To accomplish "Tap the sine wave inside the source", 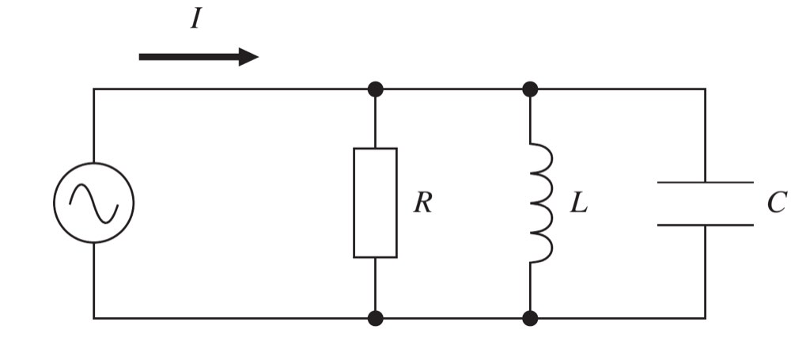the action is tap(94, 203).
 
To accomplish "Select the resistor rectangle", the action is tap(354, 203).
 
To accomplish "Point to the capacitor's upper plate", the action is tap(706, 182).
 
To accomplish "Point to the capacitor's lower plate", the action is tap(706, 225).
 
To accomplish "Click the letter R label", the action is tap(422, 203).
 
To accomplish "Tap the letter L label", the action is tap(579, 203).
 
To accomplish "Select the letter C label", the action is tap(777, 203).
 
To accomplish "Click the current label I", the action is tap(195, 20).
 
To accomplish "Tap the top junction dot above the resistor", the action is tap(375, 89).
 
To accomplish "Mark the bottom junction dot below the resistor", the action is tap(375, 318).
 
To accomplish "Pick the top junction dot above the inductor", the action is tap(530, 89).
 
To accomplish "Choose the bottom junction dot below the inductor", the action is tap(530, 318).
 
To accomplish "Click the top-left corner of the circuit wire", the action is tap(94, 89).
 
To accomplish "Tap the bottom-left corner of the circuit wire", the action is tap(94, 318).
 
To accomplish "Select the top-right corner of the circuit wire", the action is tap(706, 89).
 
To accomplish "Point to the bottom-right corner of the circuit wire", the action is tap(706, 318).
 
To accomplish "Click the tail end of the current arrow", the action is tap(140, 57).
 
